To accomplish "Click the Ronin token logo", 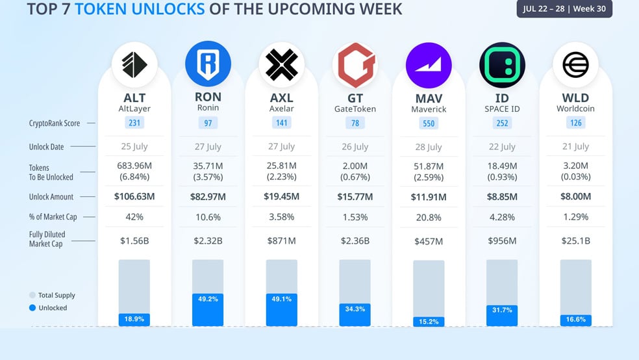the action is pos(208,64).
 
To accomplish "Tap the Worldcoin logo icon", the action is pos(575,64).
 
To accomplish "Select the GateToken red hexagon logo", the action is pos(355,65).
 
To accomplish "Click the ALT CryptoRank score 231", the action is pos(134,123).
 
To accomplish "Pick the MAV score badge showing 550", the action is pos(429,123).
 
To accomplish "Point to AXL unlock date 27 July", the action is pos(282,146).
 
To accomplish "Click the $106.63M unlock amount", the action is pos(134,196).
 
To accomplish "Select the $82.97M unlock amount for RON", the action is pos(208,197).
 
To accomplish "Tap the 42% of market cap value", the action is pos(134,217).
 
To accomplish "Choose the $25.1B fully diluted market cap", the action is pos(575,241).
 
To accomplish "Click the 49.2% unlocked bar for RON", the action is pos(208,310).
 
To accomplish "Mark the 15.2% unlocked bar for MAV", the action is pos(429,322).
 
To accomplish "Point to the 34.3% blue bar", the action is pos(355,315).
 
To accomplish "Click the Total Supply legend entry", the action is pos(52,295).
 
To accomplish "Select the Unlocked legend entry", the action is pos(48,308).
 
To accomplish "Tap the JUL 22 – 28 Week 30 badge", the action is pos(564,8).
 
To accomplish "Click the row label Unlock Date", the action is pos(47,147).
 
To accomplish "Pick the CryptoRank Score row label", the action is pos(54,123).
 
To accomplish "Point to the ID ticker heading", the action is pos(502,98).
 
